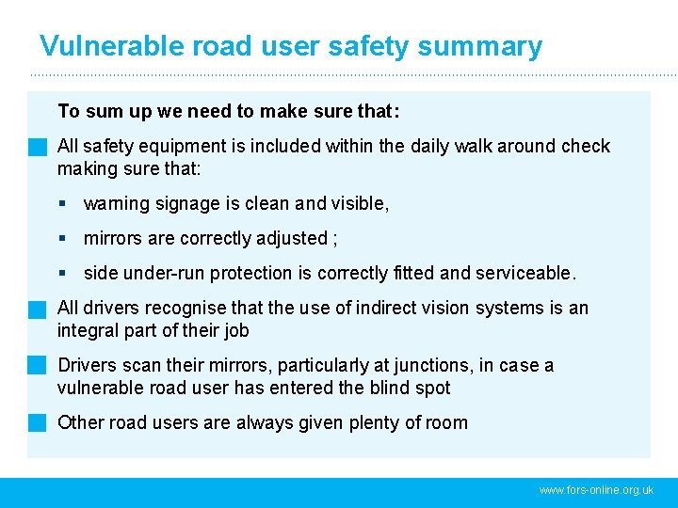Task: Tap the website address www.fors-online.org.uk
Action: (x=596, y=490)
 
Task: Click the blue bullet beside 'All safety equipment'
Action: (x=37, y=147)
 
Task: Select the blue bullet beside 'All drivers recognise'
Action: (x=37, y=309)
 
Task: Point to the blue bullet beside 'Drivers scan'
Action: (x=37, y=365)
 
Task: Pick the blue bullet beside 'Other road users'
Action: (x=37, y=422)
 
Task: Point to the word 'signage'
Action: (x=178, y=204)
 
